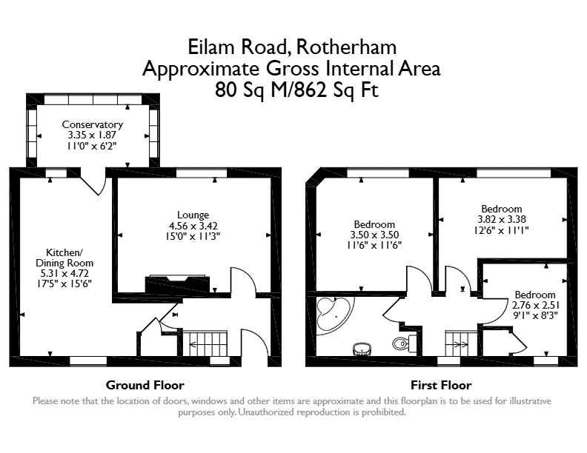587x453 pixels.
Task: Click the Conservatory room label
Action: (x=92, y=124)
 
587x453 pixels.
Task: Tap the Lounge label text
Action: (x=193, y=215)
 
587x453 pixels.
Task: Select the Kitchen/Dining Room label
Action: (x=64, y=258)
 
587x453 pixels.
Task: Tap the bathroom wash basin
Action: (x=362, y=349)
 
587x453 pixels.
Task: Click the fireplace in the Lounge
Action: (x=177, y=283)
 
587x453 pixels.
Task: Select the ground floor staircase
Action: (x=205, y=343)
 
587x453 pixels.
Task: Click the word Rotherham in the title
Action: (x=346, y=47)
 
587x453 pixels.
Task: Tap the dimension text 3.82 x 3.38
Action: (x=501, y=219)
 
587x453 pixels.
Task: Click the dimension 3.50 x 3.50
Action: (x=374, y=235)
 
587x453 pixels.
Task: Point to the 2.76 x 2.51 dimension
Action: (x=535, y=305)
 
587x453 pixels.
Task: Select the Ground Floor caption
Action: (x=145, y=385)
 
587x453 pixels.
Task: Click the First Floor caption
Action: (x=441, y=385)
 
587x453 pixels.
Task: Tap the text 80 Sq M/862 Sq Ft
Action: (x=296, y=90)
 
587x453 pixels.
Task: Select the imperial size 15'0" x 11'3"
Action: (x=193, y=236)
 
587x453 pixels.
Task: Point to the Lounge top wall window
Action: (x=202, y=172)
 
